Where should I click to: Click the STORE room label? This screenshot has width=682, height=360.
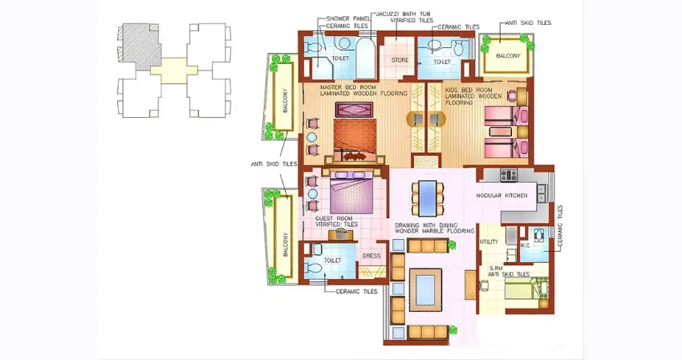click(400, 60)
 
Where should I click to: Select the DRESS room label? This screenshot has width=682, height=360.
click(371, 257)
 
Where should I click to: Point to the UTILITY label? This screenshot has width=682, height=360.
click(489, 241)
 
